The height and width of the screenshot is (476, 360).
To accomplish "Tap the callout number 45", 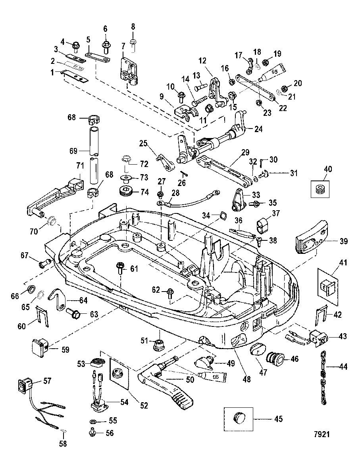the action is tap(279, 419).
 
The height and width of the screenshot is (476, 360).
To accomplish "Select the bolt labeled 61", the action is tap(119, 268).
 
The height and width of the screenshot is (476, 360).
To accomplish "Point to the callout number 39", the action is tap(344, 241).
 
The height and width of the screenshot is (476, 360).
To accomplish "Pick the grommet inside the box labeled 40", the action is tap(320, 189).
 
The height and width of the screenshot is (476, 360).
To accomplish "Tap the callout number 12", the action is tap(202, 61).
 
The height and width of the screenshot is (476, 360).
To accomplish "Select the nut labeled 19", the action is tap(265, 62).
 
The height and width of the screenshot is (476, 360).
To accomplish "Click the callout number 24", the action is tap(258, 129).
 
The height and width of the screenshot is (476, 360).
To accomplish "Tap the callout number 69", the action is tap(73, 151).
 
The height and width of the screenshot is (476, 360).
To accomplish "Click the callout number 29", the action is tap(245, 152).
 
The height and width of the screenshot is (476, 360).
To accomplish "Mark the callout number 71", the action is tap(80, 166).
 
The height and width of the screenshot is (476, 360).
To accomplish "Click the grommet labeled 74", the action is tap(126, 192).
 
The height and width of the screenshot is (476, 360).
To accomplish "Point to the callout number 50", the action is tap(190, 380).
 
